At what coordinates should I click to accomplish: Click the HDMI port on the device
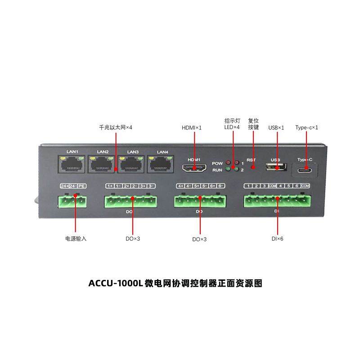pos(194,168)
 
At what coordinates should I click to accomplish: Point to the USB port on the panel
pos(276,167)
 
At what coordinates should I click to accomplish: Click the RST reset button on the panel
pos(253,168)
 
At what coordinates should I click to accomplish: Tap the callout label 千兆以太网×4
pos(116,128)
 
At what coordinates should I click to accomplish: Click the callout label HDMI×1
pos(192,128)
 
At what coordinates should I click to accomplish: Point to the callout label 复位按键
pos(253,124)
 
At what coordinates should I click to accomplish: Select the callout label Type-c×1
pos(307,128)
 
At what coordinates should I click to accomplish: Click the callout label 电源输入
pos(76,238)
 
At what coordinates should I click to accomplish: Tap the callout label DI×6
pos(277,238)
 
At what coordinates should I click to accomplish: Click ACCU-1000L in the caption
pos(116,283)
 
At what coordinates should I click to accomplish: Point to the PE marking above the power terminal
pos(81,186)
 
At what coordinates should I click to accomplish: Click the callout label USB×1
pos(276,128)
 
